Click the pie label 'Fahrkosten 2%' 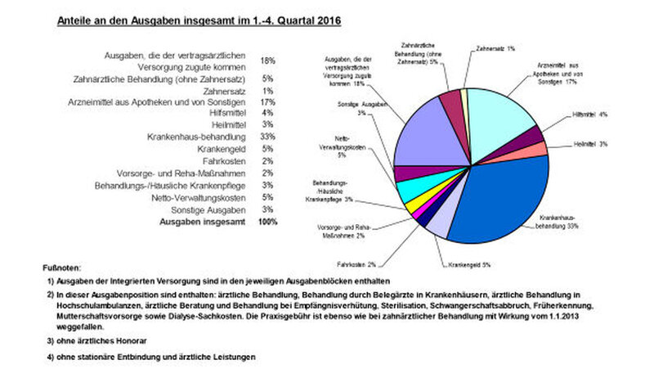(355, 264)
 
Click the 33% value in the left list (267, 136)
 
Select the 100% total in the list (267, 222)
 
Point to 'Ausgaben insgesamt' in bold (207, 222)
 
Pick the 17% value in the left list (267, 101)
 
